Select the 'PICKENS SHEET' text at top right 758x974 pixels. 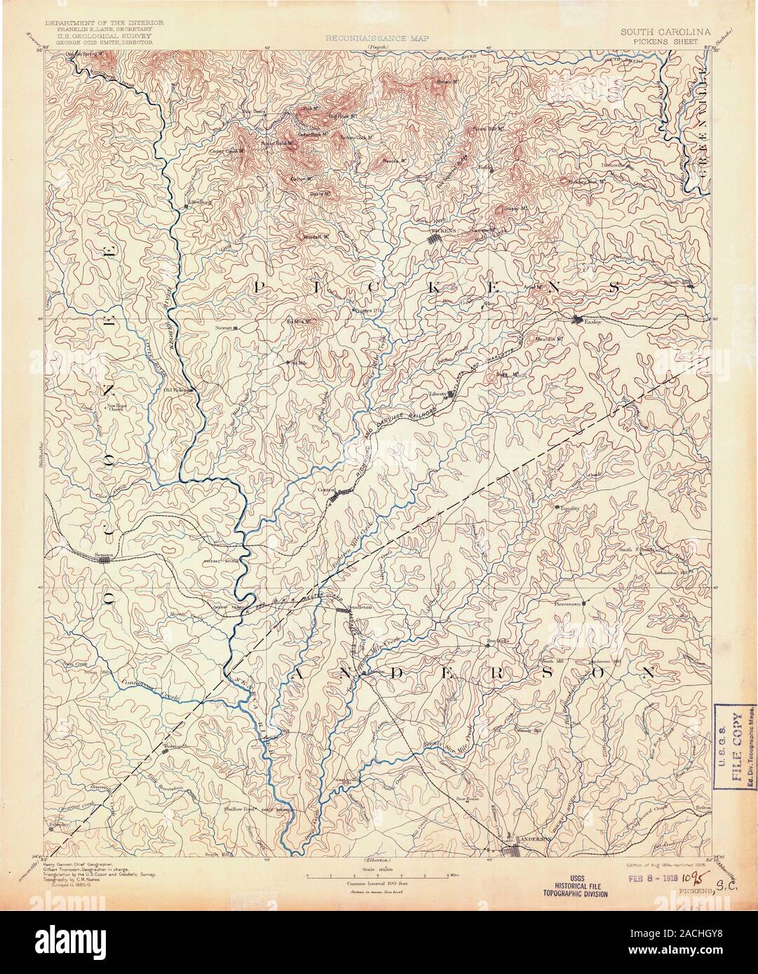tap(664, 41)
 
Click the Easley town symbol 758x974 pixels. tap(576, 320)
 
